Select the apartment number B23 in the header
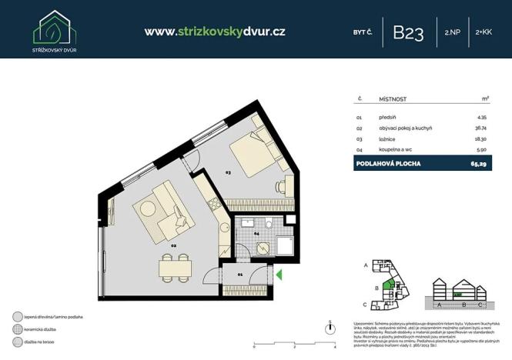408,32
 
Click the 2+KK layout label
484,32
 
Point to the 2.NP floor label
452,32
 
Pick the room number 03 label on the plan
228,173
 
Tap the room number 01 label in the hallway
239,273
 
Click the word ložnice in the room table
388,139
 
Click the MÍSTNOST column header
393,99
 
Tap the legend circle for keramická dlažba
17,328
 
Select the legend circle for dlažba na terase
17,342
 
